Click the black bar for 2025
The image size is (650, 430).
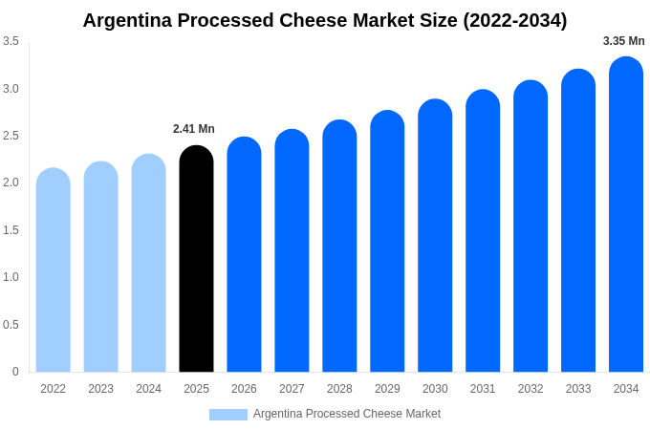196,260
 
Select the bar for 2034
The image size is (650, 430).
626,215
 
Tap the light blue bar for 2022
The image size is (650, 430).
54,270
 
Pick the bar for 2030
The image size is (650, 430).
435,236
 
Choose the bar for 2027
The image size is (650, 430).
292,251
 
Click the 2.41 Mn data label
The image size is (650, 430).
194,129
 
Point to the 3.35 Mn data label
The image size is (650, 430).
623,41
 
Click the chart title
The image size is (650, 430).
325,20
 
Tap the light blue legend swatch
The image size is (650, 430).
228,415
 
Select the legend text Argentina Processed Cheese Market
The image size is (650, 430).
347,414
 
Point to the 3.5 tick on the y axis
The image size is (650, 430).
11,41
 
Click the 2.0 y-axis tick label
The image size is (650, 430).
11,183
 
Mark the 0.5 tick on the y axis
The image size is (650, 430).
11,325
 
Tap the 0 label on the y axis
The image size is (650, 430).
15,372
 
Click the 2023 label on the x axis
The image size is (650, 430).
101,389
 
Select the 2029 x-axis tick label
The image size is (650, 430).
387,389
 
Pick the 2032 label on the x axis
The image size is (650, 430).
531,389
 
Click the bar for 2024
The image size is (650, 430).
148,264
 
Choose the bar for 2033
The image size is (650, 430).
578,221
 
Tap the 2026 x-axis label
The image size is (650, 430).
244,389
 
